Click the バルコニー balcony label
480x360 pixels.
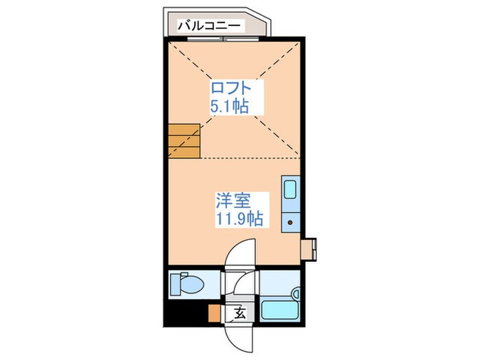[x=210, y=25]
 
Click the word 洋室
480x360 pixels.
[x=233, y=202]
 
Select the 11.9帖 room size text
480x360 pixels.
[x=239, y=219]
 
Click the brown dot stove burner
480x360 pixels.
[x=289, y=221]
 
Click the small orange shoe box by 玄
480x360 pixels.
[x=215, y=313]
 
